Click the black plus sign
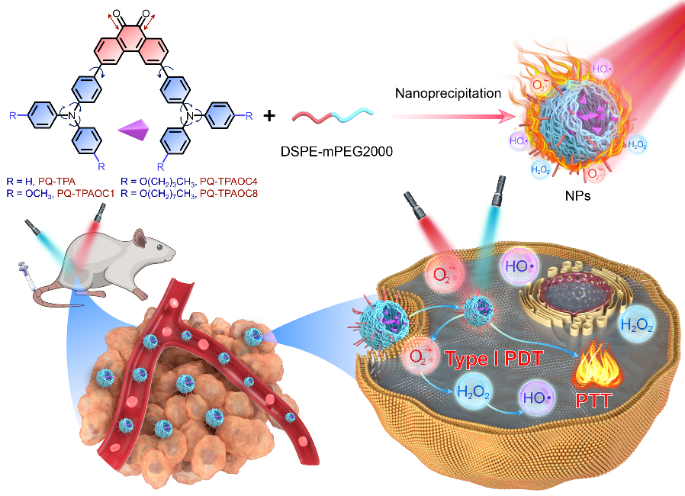tap(269, 116)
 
